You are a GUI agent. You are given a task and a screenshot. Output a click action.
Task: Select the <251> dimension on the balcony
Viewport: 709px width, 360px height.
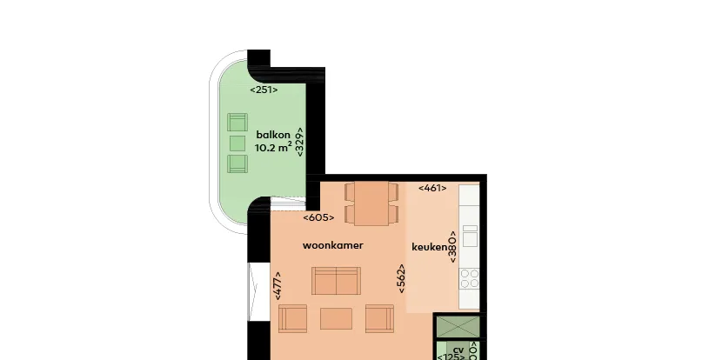(x=264, y=90)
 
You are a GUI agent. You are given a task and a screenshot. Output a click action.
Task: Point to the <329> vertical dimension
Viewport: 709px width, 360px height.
(x=299, y=142)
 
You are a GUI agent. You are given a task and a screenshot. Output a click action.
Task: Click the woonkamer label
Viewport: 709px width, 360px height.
(x=333, y=245)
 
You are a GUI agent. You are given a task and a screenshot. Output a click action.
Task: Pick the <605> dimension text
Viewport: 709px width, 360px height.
(x=318, y=217)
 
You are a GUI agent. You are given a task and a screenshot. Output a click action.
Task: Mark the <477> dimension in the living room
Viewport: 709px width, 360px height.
(x=278, y=285)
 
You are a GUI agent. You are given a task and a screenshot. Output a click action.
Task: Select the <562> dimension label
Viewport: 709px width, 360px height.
(x=401, y=278)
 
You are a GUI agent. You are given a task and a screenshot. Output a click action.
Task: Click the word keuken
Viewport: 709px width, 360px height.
(x=430, y=247)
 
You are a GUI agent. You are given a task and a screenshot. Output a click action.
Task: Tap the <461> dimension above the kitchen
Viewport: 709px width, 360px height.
(x=432, y=188)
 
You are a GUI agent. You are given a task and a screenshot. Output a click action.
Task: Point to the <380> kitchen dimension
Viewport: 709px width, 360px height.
(x=452, y=247)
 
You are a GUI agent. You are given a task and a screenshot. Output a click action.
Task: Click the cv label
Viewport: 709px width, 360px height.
(x=458, y=350)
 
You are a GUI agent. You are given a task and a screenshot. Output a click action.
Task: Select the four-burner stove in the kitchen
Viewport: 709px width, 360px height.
(x=470, y=278)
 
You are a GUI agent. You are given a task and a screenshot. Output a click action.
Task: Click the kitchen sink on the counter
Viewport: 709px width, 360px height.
(x=470, y=236)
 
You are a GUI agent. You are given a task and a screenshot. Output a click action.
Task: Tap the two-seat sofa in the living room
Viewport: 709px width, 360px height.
(x=336, y=281)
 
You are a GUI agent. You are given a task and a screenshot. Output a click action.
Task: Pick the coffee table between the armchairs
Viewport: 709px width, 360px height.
(x=336, y=318)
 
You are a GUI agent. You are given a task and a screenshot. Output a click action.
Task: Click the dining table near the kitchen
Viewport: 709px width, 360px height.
(x=371, y=203)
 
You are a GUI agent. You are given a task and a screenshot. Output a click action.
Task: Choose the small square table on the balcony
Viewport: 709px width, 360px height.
(x=237, y=143)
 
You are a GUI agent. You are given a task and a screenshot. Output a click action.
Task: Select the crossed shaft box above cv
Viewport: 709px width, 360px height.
(x=458, y=327)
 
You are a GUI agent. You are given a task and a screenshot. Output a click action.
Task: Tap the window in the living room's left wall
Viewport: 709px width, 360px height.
(x=253, y=291)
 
